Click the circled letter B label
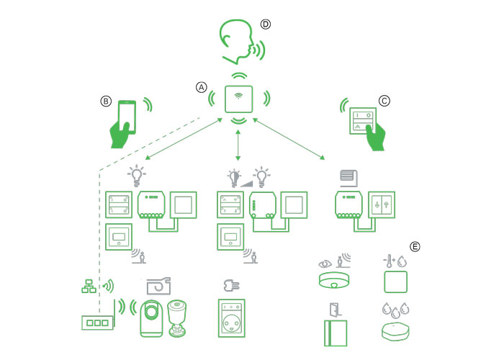[106, 102]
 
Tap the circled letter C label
[384, 102]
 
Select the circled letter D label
[265, 24]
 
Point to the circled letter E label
[415, 246]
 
